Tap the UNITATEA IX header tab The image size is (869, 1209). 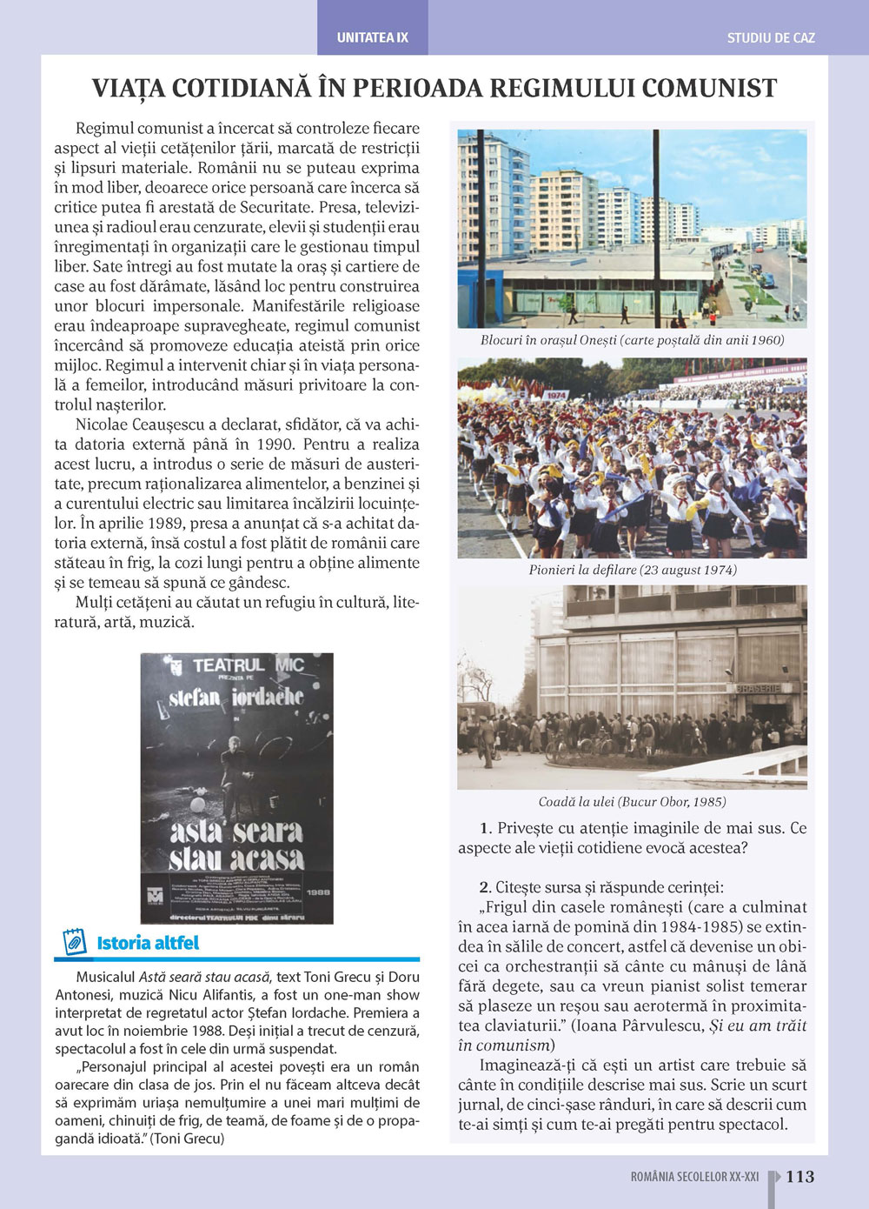[372, 38]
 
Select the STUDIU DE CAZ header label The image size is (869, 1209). [771, 38]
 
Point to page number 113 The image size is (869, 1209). [799, 1177]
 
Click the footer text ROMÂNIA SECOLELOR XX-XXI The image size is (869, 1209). [694, 1177]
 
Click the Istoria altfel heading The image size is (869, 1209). [148, 943]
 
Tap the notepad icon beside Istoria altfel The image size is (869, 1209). [75, 942]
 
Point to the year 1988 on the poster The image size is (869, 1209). [316, 892]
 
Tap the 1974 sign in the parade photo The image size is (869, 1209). [556, 395]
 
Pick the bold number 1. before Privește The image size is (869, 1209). [486, 828]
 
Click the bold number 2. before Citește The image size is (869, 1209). [486, 887]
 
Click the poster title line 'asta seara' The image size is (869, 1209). [236, 832]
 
